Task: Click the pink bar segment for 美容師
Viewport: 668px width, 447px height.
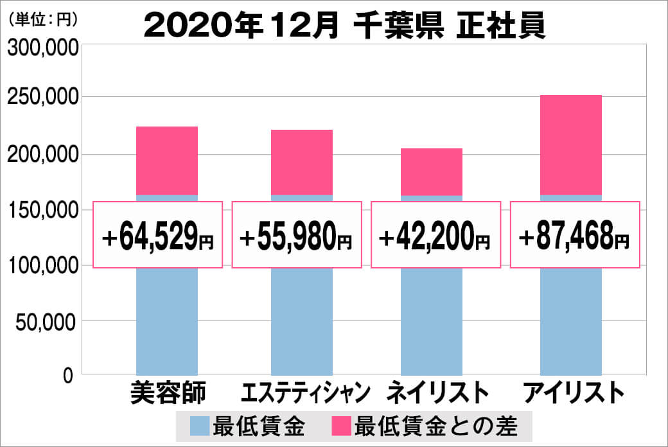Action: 167,161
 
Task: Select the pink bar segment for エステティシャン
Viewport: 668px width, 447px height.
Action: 302,162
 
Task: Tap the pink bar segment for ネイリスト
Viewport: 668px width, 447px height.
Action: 432,171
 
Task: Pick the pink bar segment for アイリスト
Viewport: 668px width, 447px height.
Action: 571,145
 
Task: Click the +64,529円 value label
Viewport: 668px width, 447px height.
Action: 158,235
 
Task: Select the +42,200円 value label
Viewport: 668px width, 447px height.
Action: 435,235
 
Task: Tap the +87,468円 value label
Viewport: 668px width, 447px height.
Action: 575,235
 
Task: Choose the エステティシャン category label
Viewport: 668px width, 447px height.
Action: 306,392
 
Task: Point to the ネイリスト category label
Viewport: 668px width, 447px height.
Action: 434,392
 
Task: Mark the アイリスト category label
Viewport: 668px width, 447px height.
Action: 574,392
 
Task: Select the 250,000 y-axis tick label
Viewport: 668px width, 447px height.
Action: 43,98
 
